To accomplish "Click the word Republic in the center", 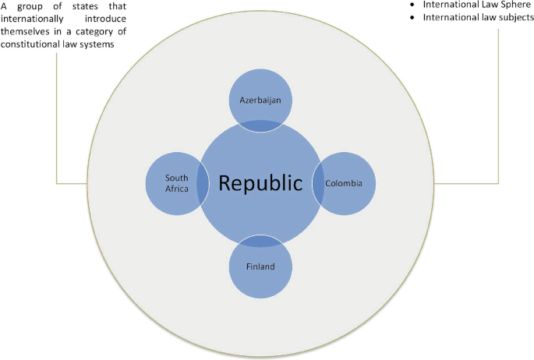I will (x=260, y=183).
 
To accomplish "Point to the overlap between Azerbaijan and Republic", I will (x=260, y=125).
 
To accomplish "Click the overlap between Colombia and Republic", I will (x=318, y=184).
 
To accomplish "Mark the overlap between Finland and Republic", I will (x=260, y=241).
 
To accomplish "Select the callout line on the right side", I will (x=497, y=117).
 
